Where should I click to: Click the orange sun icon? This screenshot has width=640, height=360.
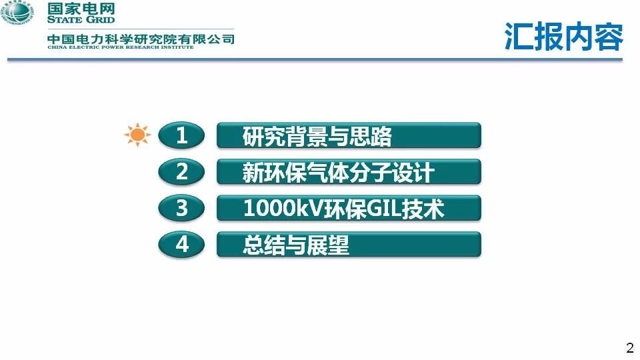pyautogui.click(x=137, y=135)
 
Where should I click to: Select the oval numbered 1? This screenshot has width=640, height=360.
pyautogui.click(x=181, y=135)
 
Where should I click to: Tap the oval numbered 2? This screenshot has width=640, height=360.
pyautogui.click(x=181, y=171)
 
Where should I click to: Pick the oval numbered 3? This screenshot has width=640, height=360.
pyautogui.click(x=181, y=208)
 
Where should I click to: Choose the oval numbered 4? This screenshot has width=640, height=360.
pyautogui.click(x=181, y=244)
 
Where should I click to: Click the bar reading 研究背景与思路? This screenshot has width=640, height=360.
pyautogui.click(x=349, y=135)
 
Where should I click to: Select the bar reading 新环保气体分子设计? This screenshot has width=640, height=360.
pyautogui.click(x=349, y=171)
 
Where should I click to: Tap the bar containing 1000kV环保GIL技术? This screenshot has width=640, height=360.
pyautogui.click(x=349, y=208)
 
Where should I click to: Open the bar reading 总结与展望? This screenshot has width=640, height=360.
pyautogui.click(x=349, y=244)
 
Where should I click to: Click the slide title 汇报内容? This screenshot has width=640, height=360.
pyautogui.click(x=564, y=36)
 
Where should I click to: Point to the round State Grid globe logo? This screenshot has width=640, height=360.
pyautogui.click(x=17, y=13)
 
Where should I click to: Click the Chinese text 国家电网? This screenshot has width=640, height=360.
pyautogui.click(x=81, y=9)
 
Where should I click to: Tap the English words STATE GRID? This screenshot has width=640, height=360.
pyautogui.click(x=81, y=19)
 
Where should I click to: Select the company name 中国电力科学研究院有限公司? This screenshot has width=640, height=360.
pyautogui.click(x=141, y=39)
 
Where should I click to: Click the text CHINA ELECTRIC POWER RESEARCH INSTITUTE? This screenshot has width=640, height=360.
pyautogui.click(x=121, y=47)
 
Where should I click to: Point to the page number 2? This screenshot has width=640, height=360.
pyautogui.click(x=630, y=347)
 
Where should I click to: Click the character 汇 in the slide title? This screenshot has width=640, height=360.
pyautogui.click(x=519, y=36)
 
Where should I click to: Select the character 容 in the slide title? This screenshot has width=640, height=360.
pyautogui.click(x=609, y=36)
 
